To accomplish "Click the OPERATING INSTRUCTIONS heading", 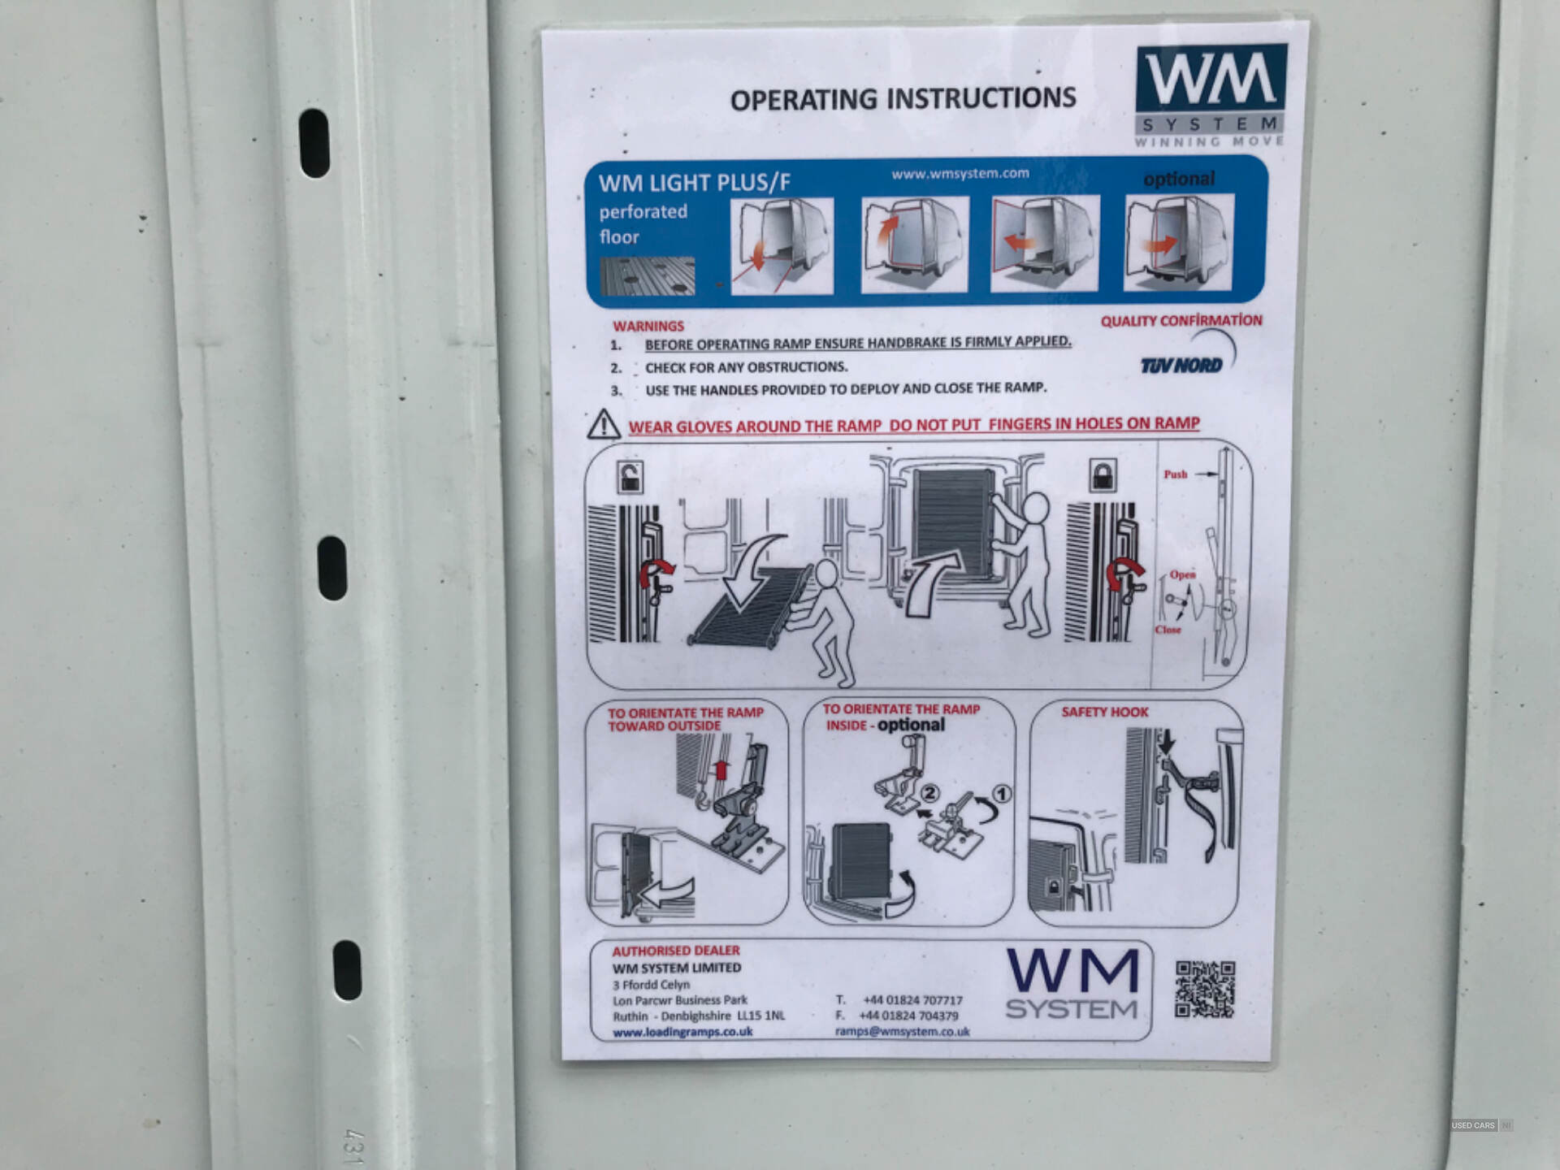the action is [903, 98].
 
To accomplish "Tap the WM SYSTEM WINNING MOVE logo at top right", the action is [1210, 95].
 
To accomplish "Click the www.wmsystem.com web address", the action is [960, 173].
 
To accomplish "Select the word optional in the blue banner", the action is [1179, 179].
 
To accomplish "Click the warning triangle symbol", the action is [603, 424].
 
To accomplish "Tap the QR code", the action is [1205, 989].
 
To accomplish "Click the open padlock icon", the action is [630, 478].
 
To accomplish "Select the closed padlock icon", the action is [1102, 475].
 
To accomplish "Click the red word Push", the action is [1175, 474].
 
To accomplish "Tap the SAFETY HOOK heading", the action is [1104, 712].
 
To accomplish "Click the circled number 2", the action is [929, 793].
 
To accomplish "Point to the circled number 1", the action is [1002, 793].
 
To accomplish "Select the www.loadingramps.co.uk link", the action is [682, 1032].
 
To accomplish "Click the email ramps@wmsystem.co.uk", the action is [902, 1031].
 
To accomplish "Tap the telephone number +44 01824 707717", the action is [912, 1000].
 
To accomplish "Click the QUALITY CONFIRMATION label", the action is [1181, 321].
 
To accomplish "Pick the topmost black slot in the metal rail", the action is [314, 143].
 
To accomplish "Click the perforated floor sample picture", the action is [648, 276].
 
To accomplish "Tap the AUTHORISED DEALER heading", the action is [676, 951].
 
